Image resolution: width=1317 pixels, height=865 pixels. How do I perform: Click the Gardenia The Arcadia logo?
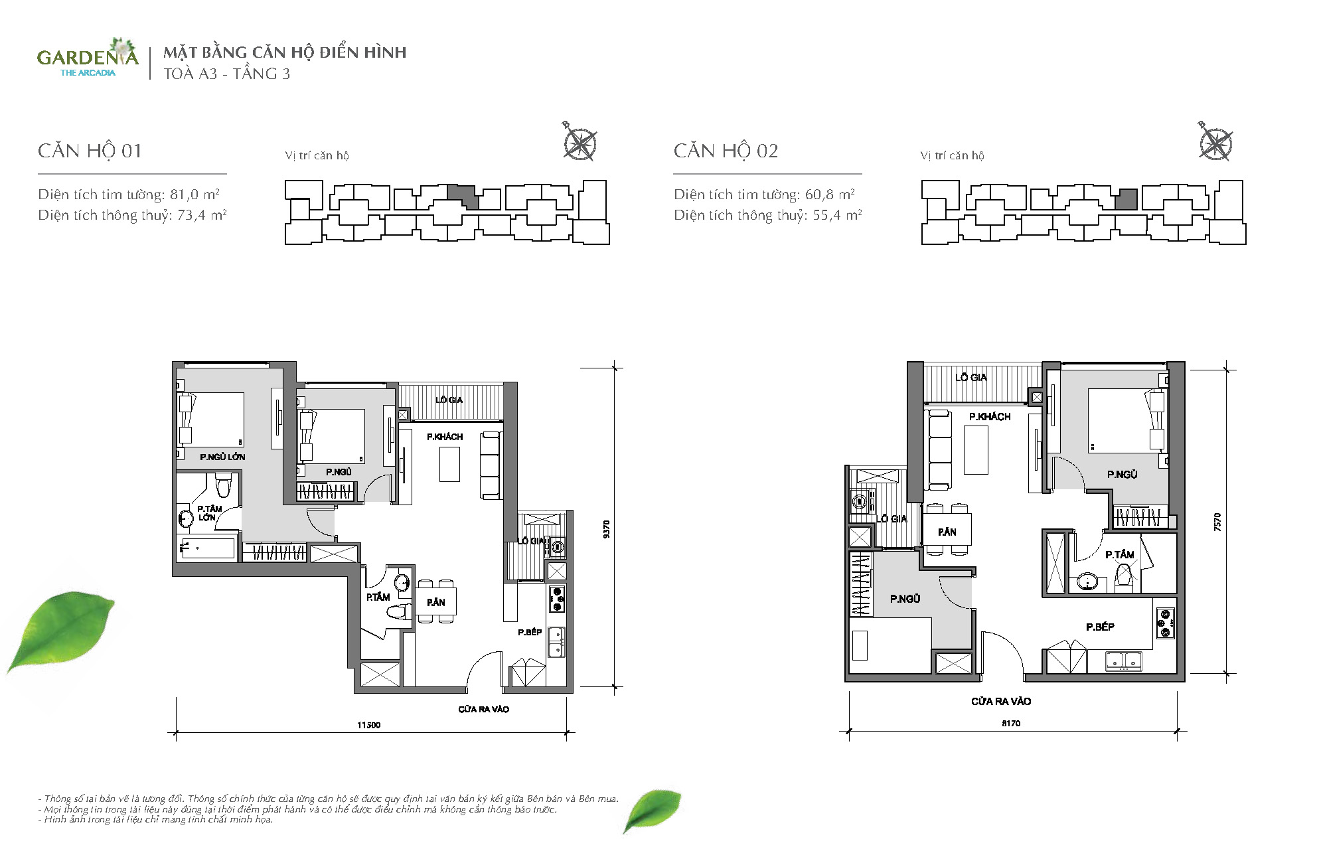88,58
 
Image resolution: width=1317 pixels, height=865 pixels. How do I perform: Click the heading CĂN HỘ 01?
90,151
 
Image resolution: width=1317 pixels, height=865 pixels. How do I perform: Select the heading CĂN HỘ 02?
726,151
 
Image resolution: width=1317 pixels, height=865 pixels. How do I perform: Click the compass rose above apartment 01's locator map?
579,142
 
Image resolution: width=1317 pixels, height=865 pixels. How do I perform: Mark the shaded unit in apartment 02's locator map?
1126,199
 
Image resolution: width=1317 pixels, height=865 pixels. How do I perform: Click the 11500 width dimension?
369,725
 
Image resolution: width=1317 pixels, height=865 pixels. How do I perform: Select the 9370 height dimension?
606,529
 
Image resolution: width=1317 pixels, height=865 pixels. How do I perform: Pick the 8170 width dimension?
1011,723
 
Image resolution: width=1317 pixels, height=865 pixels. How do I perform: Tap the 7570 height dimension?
1217,522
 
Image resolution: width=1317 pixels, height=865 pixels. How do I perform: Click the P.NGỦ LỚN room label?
222,457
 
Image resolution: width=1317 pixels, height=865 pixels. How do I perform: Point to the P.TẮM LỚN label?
209,513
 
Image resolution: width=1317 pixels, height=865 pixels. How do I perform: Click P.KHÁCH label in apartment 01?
445,437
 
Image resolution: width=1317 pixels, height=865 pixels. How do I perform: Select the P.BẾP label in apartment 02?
1100,627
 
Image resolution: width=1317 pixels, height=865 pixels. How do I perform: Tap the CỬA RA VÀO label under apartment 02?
1001,701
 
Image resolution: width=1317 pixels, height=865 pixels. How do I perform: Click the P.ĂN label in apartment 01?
436,602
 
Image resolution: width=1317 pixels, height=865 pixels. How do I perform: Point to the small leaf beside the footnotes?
652,811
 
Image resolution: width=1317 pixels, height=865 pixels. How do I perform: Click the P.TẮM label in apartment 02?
1120,554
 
